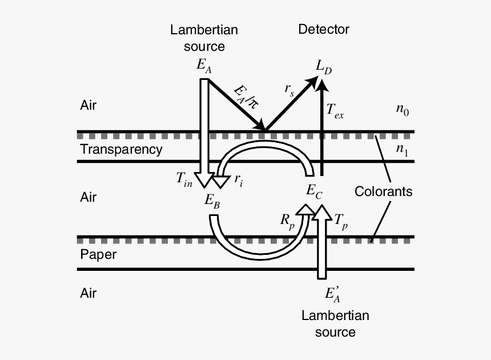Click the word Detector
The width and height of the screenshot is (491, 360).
324,29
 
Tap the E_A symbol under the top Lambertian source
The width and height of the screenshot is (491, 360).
204,66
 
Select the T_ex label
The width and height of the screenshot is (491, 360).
335,113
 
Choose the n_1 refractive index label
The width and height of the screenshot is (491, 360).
402,150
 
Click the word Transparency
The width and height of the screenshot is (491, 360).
121,150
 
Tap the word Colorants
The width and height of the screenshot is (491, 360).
383,191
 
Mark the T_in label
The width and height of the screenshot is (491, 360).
185,178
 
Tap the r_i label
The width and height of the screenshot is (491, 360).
238,179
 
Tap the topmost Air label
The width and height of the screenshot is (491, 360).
88,106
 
